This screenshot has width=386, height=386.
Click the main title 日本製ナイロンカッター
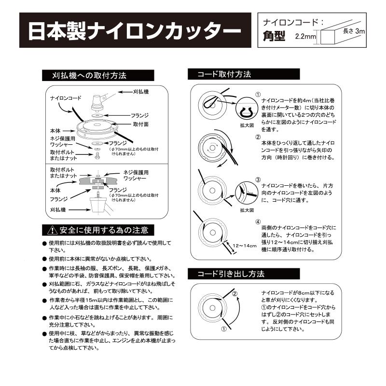coord(134,31)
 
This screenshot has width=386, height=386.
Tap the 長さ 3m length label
coord(354,31)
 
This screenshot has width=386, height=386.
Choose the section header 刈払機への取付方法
coord(89,76)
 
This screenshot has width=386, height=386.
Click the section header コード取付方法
coord(224,75)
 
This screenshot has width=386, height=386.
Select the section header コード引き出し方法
coord(231,274)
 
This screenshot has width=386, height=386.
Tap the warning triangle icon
coord(51,230)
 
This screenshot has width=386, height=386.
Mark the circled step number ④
coord(258,222)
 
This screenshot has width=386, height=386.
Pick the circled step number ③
coord(258,179)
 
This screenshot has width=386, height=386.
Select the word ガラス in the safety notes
coord(95,285)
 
